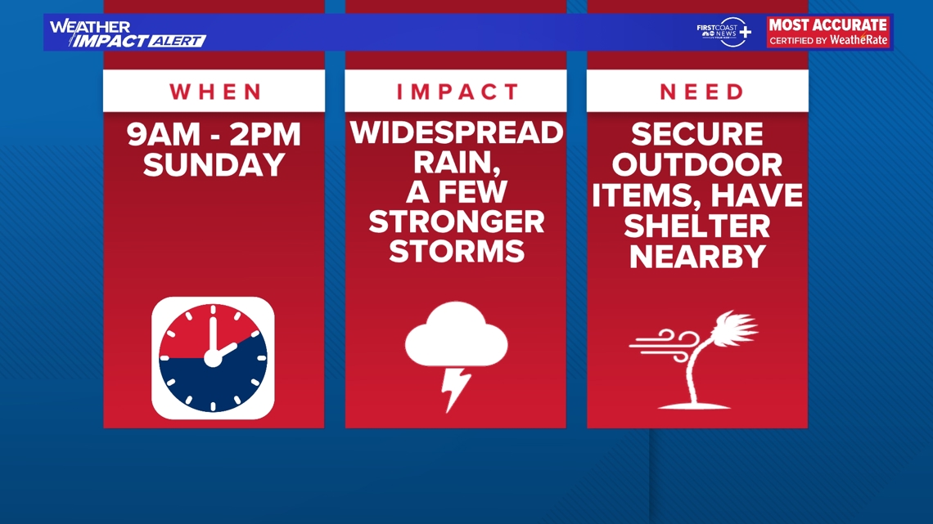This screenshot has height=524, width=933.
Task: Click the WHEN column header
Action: pos(214,91)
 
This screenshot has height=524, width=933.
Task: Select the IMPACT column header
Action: pos(457,91)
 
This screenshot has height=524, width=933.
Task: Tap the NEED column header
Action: pos(701,91)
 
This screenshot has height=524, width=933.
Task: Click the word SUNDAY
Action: pos(214,165)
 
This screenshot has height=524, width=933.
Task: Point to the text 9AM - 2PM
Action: pos(214,135)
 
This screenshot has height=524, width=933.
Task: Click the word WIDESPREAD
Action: pos(457,133)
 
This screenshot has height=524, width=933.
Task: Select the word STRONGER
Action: pos(457,221)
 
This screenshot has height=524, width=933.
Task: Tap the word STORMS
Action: pos(457,251)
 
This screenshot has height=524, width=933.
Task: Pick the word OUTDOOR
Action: pos(697,165)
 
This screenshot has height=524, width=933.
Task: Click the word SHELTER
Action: pos(697,226)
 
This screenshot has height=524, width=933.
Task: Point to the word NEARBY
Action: pos(697,257)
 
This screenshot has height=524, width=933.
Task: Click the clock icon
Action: pos(213,357)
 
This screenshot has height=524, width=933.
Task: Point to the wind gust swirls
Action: pos(658,343)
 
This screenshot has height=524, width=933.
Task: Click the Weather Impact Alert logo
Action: pos(127,33)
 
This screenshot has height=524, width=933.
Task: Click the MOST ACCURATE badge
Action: pos(827,32)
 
